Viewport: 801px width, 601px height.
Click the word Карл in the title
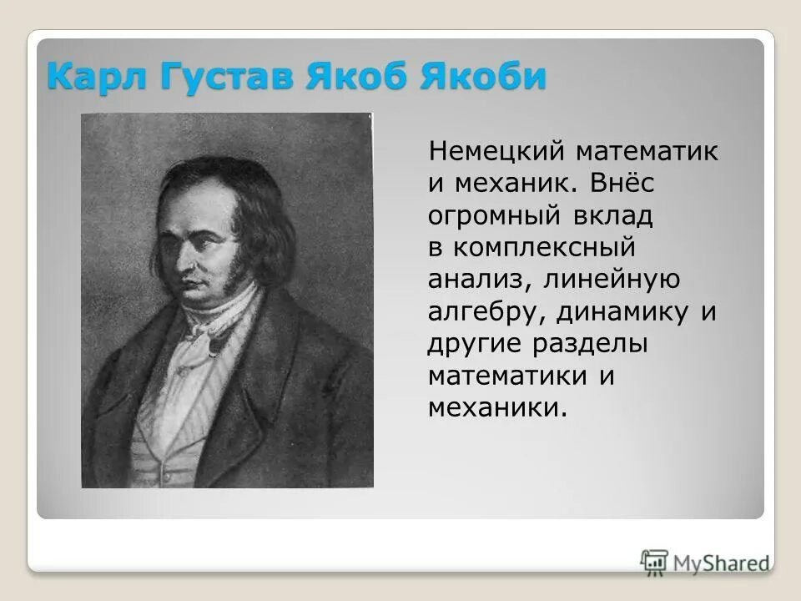[88, 77]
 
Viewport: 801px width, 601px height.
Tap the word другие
[469, 343]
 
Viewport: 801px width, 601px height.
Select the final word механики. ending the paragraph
[497, 407]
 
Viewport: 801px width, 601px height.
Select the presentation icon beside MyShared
[655, 563]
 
